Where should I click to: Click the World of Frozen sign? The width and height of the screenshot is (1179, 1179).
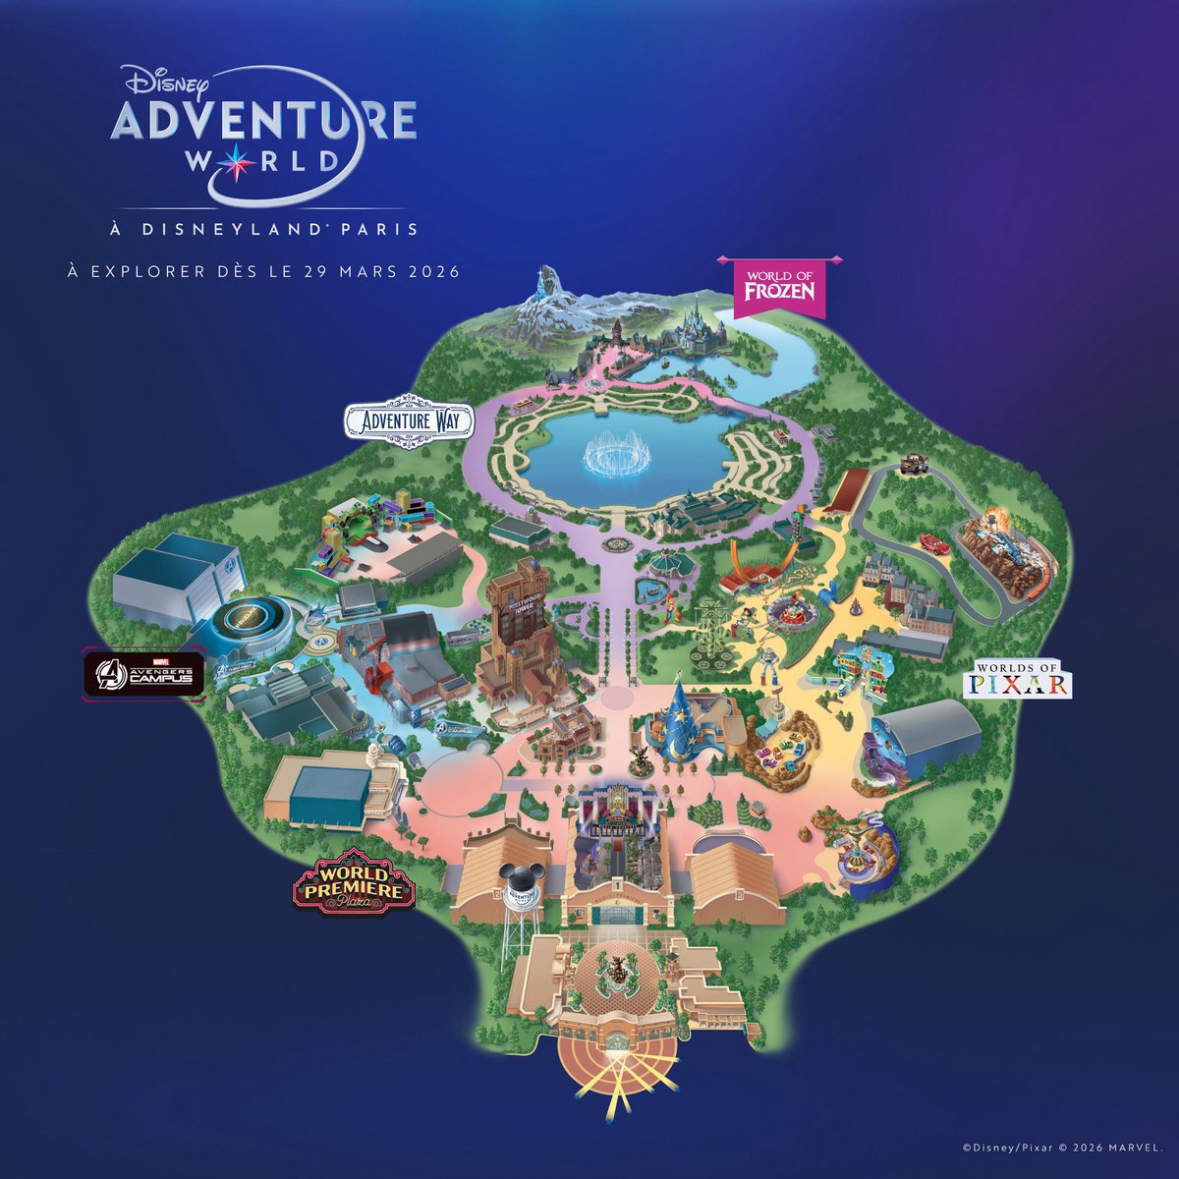pos(781,286)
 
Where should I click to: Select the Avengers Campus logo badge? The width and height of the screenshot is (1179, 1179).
pos(143,674)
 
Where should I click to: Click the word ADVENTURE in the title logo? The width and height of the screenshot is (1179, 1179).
pos(262,121)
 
